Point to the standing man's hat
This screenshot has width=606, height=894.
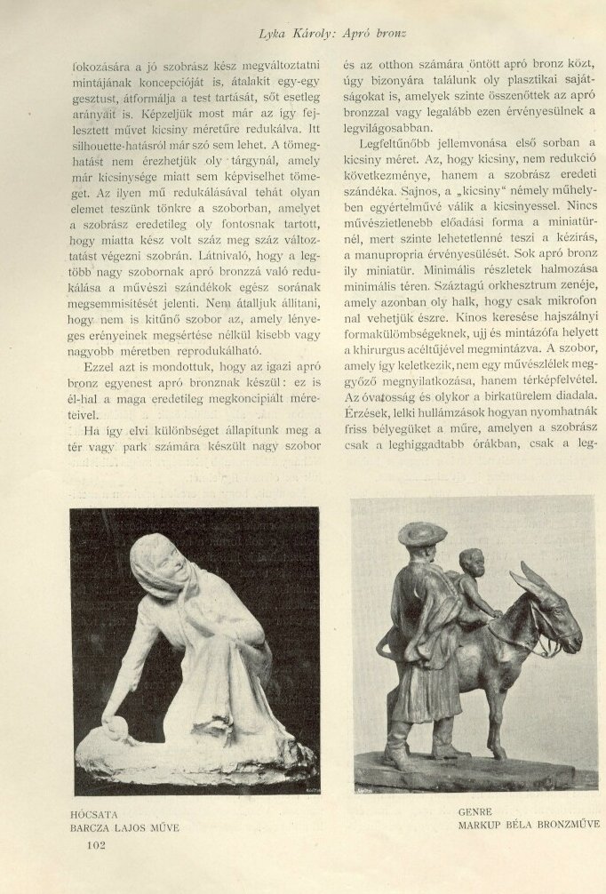click(422, 533)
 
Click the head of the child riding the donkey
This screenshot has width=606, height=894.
click(471, 563)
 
